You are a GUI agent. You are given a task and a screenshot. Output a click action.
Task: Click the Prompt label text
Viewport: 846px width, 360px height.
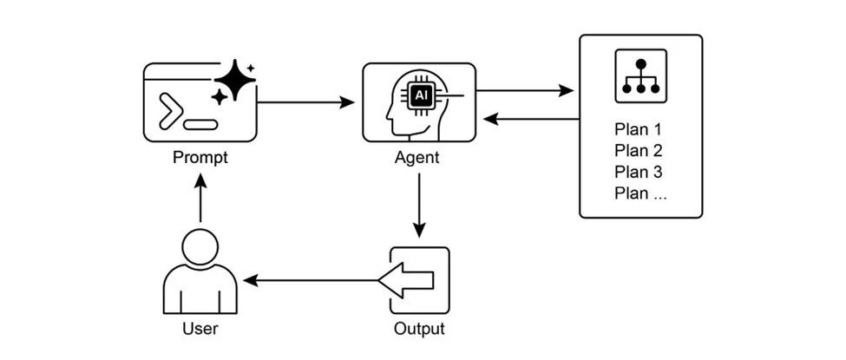200,158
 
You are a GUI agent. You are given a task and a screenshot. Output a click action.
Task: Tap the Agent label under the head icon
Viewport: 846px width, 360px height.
417,158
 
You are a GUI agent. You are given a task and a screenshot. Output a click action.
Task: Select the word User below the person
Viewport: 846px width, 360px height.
200,328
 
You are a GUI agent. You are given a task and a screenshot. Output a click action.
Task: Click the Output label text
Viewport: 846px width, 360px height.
419,328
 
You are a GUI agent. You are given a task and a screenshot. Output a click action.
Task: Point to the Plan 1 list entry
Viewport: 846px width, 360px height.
638,129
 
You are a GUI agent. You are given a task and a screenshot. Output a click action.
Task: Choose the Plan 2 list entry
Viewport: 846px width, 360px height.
639,151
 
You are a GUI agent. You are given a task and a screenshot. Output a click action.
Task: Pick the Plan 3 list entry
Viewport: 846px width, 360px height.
639,172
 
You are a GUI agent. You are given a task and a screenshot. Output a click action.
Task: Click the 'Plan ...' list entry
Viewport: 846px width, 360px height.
640,193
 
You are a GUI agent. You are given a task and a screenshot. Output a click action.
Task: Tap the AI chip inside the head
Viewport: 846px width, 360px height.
420,96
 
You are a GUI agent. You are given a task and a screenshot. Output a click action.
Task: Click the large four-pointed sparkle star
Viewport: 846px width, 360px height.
235,80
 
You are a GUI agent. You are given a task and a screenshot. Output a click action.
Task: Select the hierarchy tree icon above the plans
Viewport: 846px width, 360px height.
641,76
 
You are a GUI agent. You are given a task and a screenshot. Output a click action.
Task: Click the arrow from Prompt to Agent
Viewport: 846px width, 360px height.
305,101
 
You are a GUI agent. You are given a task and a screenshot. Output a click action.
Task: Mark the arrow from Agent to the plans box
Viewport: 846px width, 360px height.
524,91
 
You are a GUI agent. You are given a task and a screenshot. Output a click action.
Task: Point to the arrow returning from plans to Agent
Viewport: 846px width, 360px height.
531,120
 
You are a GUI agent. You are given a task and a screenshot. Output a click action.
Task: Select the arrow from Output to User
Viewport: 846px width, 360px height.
312,281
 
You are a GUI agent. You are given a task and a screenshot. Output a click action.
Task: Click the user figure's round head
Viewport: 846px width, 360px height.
200,246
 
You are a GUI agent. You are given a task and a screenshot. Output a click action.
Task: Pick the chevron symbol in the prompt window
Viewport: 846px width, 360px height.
170,111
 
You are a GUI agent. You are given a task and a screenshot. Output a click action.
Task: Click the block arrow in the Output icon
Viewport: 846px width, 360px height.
406,281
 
